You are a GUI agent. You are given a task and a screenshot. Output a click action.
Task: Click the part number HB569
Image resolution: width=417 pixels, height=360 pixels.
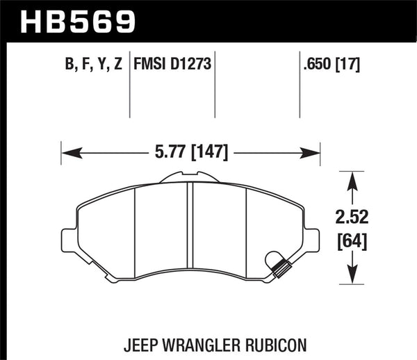click(77, 20)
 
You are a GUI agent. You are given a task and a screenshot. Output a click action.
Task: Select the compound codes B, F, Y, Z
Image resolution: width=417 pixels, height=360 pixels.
click(93, 66)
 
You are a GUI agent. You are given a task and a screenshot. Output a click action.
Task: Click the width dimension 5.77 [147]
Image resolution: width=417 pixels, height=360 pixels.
click(190, 151)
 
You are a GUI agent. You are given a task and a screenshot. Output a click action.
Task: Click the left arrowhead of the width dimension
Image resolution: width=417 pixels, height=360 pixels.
click(68, 151)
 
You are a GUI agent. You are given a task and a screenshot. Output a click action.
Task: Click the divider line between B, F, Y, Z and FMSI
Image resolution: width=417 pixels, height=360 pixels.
click(130, 87)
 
